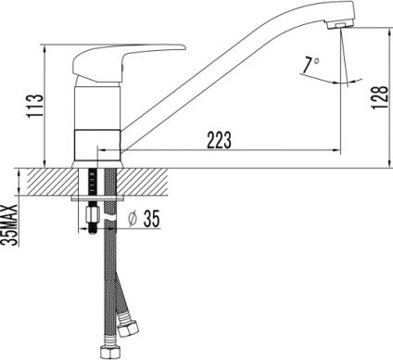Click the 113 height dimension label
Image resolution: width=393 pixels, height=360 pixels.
click(x=34, y=105)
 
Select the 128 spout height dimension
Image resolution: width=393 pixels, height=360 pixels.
click(x=380, y=96)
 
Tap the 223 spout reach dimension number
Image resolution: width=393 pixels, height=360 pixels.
click(x=219, y=140)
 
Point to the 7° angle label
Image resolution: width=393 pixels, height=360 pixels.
click(x=311, y=65)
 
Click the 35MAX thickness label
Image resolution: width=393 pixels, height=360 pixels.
click(x=10, y=225)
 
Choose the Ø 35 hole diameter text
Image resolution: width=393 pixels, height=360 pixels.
click(x=145, y=218)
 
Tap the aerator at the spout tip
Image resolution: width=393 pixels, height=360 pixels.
click(x=340, y=24)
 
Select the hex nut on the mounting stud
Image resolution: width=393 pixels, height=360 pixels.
click(x=92, y=214)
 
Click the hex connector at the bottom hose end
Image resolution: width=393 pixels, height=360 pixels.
click(x=108, y=351)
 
